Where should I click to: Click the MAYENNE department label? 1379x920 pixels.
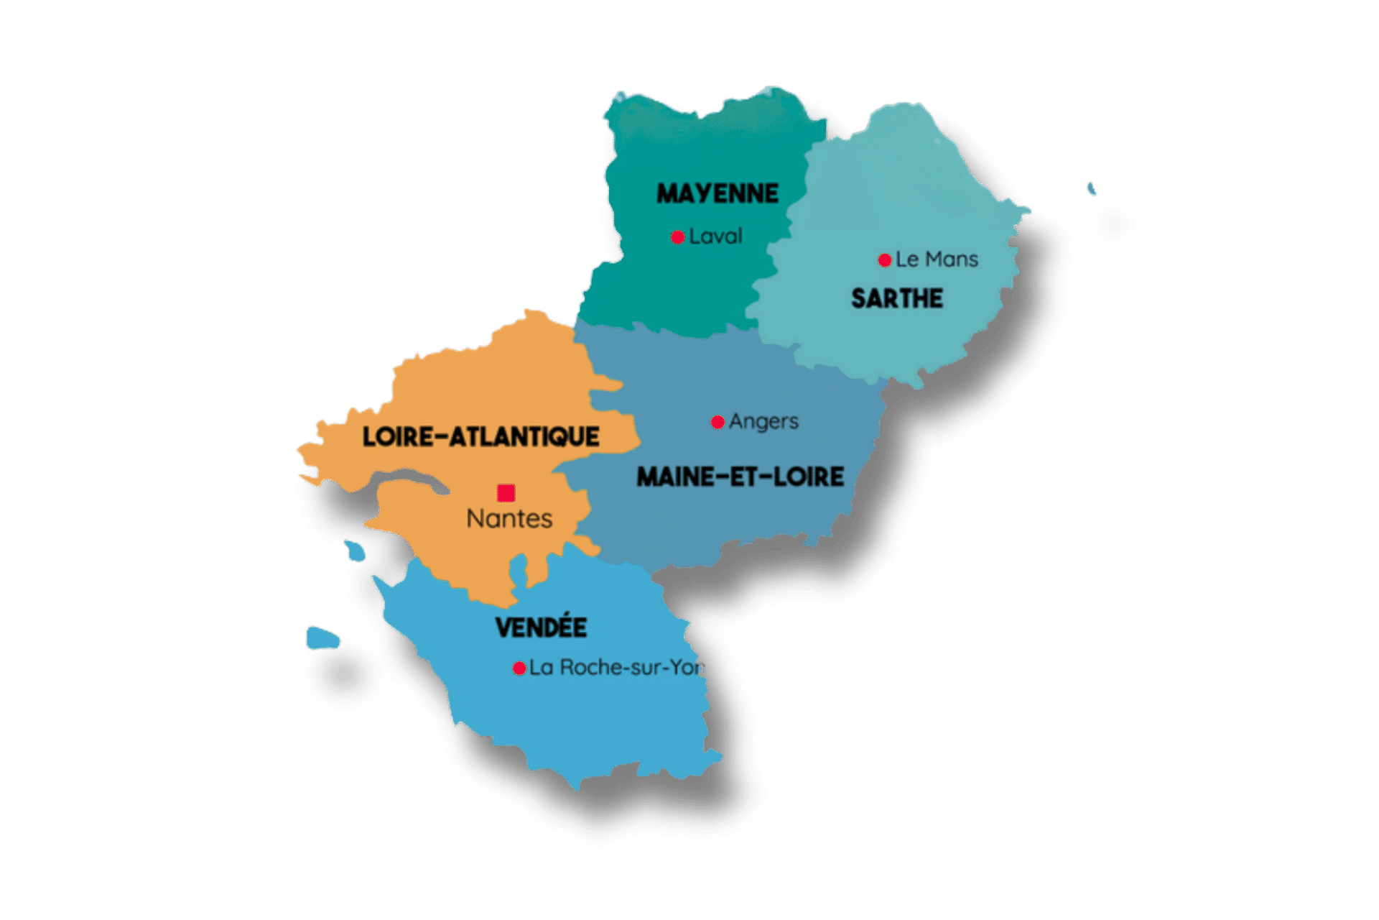click(x=718, y=193)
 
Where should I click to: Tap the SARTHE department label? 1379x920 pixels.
click(x=897, y=298)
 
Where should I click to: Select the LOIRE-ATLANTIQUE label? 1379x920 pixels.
click(x=480, y=436)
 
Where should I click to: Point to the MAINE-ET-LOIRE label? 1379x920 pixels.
click(x=740, y=477)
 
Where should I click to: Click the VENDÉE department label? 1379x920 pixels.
click(x=542, y=627)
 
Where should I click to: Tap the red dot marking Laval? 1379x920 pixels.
click(x=677, y=237)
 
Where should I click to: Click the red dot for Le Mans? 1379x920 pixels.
click(x=885, y=260)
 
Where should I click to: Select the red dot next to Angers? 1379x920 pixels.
click(x=718, y=422)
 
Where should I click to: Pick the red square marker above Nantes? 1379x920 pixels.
click(x=506, y=493)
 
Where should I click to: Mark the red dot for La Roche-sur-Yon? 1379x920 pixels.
click(x=519, y=668)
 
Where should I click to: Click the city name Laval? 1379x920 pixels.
click(x=715, y=236)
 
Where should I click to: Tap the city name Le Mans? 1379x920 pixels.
click(x=937, y=259)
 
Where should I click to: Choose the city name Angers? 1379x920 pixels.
click(x=763, y=422)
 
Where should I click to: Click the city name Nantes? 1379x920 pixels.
click(x=509, y=519)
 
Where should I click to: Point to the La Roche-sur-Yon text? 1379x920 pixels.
click(x=616, y=668)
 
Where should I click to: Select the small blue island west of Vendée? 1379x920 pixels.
click(x=322, y=638)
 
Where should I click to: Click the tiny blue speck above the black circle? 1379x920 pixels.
click(x=1091, y=189)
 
